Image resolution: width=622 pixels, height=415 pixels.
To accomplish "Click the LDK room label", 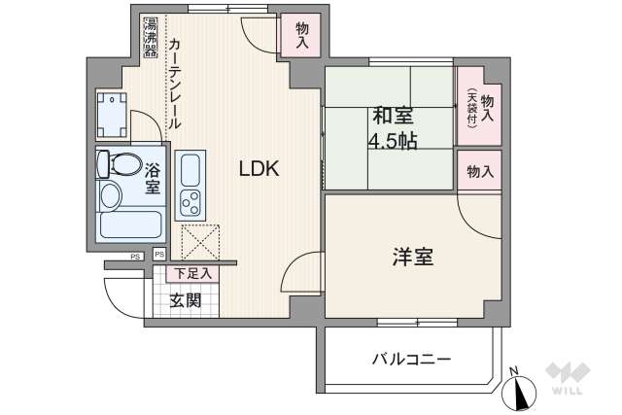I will (x=259, y=168).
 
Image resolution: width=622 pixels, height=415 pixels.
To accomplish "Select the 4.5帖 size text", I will (x=392, y=142).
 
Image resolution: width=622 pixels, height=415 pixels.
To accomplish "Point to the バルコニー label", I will (x=411, y=360).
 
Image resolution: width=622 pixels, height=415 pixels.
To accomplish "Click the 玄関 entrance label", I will (x=185, y=300).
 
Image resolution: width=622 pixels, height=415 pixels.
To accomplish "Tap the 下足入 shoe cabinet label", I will (x=190, y=275).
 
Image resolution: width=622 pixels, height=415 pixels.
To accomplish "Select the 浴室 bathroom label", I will (x=154, y=179).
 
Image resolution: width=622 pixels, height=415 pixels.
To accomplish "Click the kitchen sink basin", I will (x=189, y=171).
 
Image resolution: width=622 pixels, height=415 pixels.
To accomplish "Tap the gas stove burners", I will (x=190, y=205).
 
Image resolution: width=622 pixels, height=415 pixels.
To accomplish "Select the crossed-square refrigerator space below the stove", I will (x=200, y=242).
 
